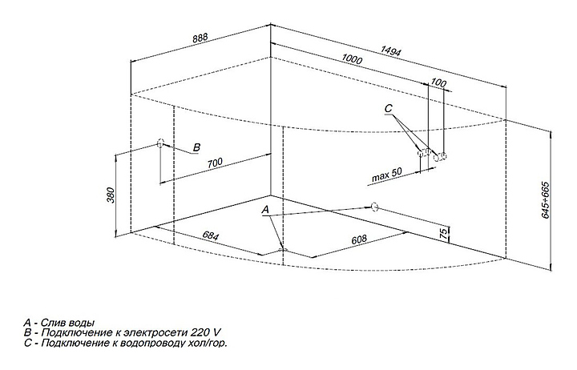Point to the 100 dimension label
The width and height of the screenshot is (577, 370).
point(438,82)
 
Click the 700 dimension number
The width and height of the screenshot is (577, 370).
point(215,163)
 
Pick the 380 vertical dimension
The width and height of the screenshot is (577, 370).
point(113,194)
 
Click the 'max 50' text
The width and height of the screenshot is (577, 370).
point(387,175)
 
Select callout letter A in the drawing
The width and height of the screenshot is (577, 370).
point(267,210)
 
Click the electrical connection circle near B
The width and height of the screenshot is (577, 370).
point(160,144)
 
